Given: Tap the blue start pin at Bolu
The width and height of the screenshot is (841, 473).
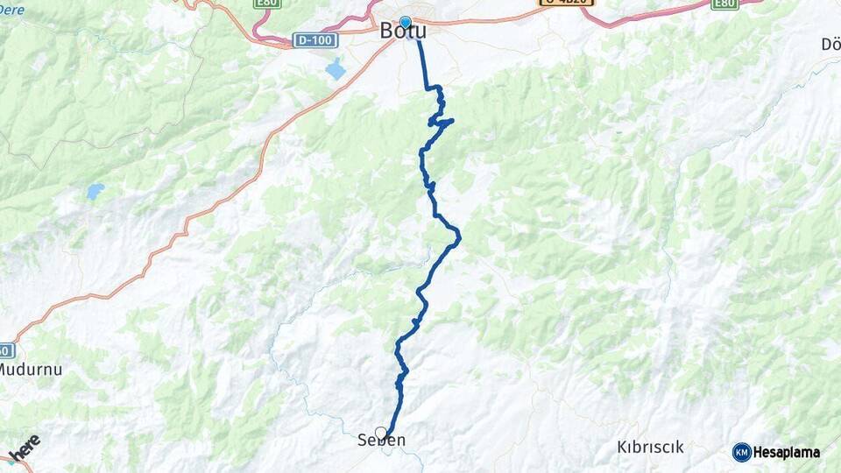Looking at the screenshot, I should pos(405,22).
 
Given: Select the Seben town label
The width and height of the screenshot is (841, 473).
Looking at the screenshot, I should pos(382,441).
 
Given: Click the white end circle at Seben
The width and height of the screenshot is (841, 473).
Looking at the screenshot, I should pos(381,432).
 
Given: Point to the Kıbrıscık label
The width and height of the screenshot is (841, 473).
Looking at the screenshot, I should pos(650,448).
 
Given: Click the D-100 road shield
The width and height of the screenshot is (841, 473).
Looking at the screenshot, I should pos(314,40).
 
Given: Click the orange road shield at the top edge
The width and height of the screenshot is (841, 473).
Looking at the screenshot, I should pos(565,3).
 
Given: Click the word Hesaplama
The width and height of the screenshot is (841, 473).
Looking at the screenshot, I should pos(787,452).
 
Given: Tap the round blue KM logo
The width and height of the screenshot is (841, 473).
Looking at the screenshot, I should pos(741,452).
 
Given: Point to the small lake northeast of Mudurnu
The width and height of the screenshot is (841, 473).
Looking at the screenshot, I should pos(95,190).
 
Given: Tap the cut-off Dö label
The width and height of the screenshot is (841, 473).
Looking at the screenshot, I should pos(830,45).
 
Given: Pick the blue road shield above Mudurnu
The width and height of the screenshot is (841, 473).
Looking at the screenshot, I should pos(7,350).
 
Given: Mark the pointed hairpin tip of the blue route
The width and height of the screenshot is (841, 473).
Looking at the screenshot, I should pos(452,121).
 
